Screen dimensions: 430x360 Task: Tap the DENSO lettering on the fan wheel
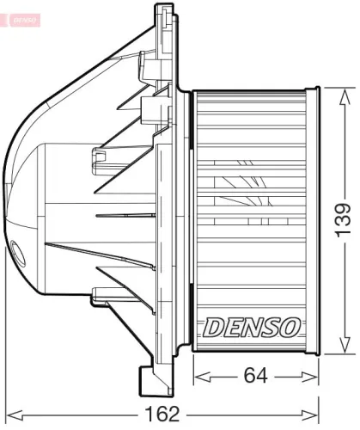pyautogui.click(x=251, y=327)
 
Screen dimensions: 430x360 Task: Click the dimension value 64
pyautogui.click(x=253, y=376)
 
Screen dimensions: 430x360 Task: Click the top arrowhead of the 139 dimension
pyautogui.click(x=342, y=91)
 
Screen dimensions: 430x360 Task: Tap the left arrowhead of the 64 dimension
pyautogui.click(x=198, y=376)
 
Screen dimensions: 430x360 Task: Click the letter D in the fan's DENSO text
pyautogui.click(x=211, y=327)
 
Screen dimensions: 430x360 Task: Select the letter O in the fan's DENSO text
pyautogui.click(x=290, y=327)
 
